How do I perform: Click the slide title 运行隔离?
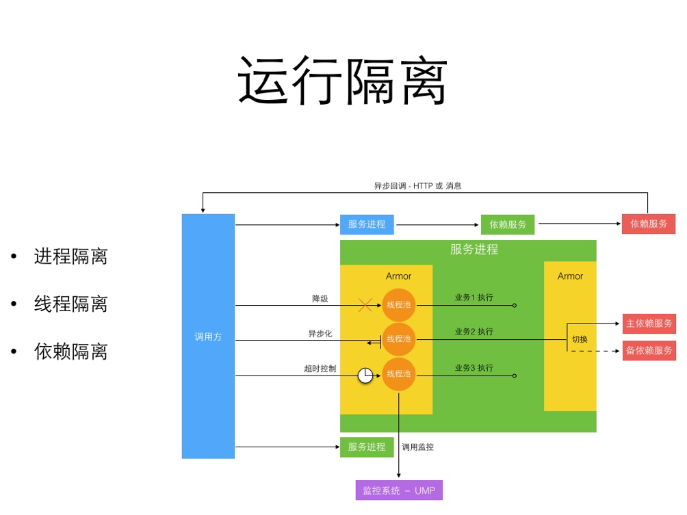343,81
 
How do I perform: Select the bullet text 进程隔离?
70,256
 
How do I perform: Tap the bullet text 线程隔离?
70,304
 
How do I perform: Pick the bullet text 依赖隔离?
70,352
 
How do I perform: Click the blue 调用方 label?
208,336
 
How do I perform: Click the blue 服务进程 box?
367,224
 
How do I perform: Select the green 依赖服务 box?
508,224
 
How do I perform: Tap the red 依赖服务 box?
648,224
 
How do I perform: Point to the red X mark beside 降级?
365,305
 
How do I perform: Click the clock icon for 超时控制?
366,375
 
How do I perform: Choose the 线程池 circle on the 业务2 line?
399,339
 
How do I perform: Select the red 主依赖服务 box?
649,323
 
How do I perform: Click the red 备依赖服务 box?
649,350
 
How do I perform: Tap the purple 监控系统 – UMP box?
399,490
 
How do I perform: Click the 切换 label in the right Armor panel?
580,339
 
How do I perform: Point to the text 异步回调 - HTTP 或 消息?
417,186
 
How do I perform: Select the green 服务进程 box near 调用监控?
367,447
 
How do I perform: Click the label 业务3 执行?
474,368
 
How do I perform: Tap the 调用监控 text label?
418,447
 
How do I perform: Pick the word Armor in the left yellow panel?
398,276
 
